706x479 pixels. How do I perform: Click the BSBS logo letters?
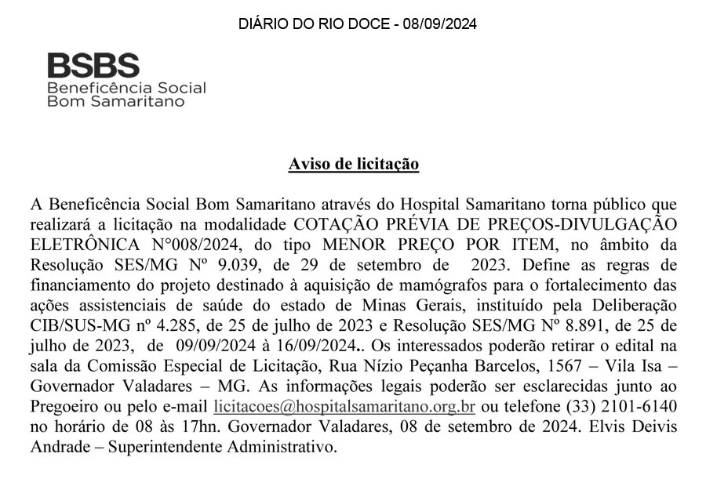(93, 64)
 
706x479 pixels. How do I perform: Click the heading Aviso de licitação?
(353, 164)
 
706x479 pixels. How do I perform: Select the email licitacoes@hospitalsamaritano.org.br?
(344, 408)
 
